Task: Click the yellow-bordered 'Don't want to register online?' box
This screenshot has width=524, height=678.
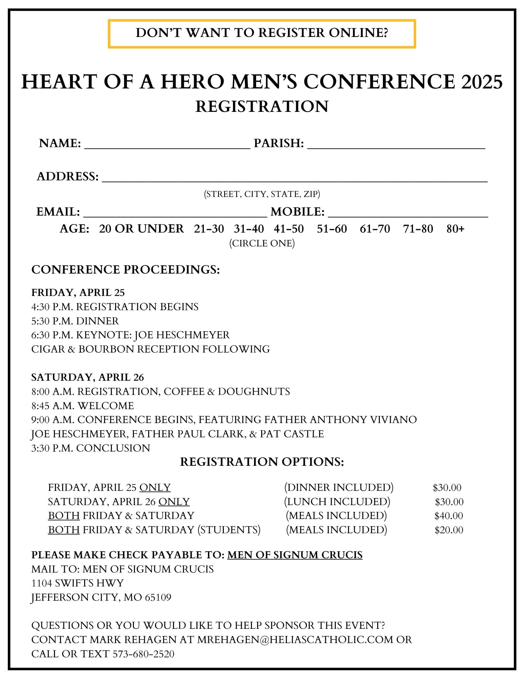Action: click(x=261, y=34)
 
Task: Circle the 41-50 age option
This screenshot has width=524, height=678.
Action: click(x=289, y=229)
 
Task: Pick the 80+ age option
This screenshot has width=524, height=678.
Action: click(x=455, y=229)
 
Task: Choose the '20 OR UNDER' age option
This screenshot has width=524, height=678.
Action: click(x=141, y=229)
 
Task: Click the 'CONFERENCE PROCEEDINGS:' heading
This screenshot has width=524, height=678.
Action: click(x=125, y=270)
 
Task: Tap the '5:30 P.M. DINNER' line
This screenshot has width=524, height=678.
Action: click(x=75, y=321)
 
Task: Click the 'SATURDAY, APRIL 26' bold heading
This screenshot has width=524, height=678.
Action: click(x=88, y=377)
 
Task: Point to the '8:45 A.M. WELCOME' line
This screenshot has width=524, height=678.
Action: click(x=82, y=405)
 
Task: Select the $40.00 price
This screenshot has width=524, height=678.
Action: click(x=448, y=516)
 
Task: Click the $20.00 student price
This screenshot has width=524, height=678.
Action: click(x=449, y=530)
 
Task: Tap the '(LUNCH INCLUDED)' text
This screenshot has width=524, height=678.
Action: click(x=337, y=501)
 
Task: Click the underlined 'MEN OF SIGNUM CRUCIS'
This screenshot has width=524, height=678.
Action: click(x=295, y=555)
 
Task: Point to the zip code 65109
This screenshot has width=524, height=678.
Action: click(x=158, y=597)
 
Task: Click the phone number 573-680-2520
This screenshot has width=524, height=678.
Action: click(x=143, y=654)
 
